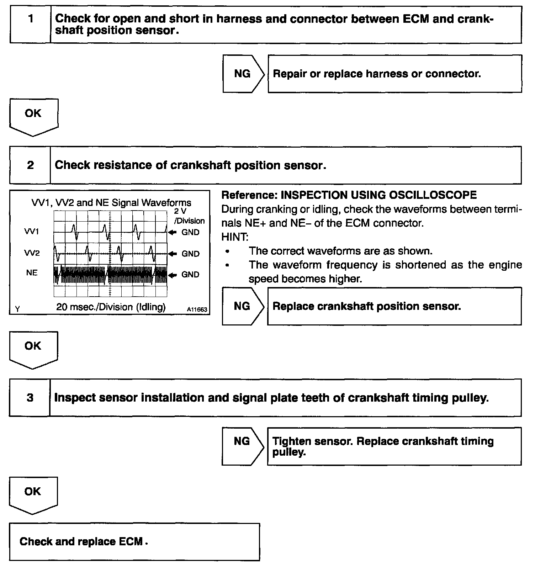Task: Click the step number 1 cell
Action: [x=31, y=24]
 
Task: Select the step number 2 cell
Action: [x=30, y=165]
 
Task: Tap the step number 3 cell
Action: [x=30, y=397]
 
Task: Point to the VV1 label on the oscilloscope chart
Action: [x=32, y=232]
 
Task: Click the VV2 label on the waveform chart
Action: [x=32, y=253]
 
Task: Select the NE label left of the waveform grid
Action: [x=32, y=273]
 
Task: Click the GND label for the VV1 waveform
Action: [x=190, y=232]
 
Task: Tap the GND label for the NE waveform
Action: [x=190, y=275]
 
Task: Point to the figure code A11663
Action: [x=197, y=309]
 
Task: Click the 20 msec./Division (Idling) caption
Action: [x=111, y=307]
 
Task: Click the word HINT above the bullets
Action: [x=234, y=237]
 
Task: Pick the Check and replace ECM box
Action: [x=134, y=542]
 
